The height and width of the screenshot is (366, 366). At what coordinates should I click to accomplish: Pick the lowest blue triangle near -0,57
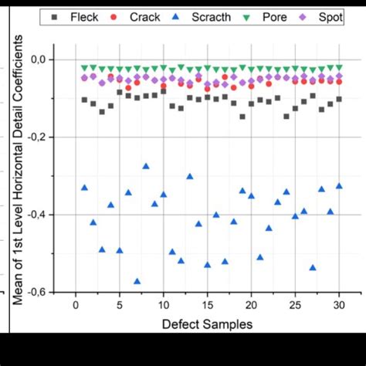point(137,281)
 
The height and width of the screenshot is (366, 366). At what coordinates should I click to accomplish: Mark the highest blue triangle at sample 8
point(146,166)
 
